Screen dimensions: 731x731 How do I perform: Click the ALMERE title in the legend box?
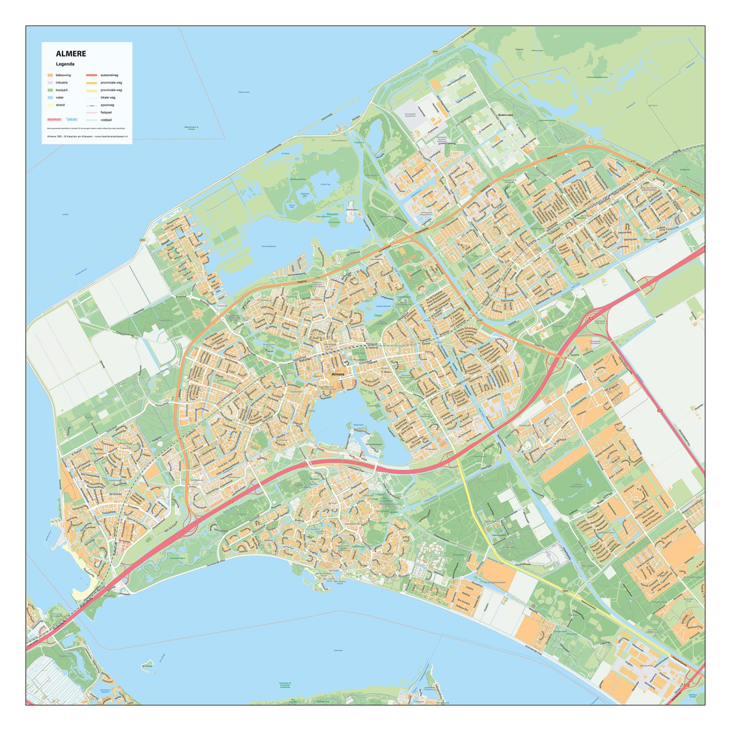[71, 53]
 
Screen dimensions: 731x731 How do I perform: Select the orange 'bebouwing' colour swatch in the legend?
[50, 75]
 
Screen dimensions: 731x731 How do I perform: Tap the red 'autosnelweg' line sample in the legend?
[92, 75]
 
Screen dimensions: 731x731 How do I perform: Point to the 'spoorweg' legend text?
[107, 105]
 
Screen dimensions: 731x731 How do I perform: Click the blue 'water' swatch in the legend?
[50, 97]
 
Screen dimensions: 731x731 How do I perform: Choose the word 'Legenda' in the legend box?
[65, 64]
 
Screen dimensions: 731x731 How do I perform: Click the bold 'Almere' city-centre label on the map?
[338, 374]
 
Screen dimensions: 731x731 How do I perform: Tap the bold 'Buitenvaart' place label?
[507, 115]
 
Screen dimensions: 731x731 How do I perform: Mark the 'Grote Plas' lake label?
[325, 184]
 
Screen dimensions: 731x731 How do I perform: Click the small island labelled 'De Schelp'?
[148, 666]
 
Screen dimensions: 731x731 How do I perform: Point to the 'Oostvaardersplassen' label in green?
[597, 77]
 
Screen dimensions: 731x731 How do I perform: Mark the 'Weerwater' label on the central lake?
[358, 424]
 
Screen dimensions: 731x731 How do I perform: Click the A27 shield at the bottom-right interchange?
[687, 685]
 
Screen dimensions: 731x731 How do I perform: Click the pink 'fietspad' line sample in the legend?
[92, 112]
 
